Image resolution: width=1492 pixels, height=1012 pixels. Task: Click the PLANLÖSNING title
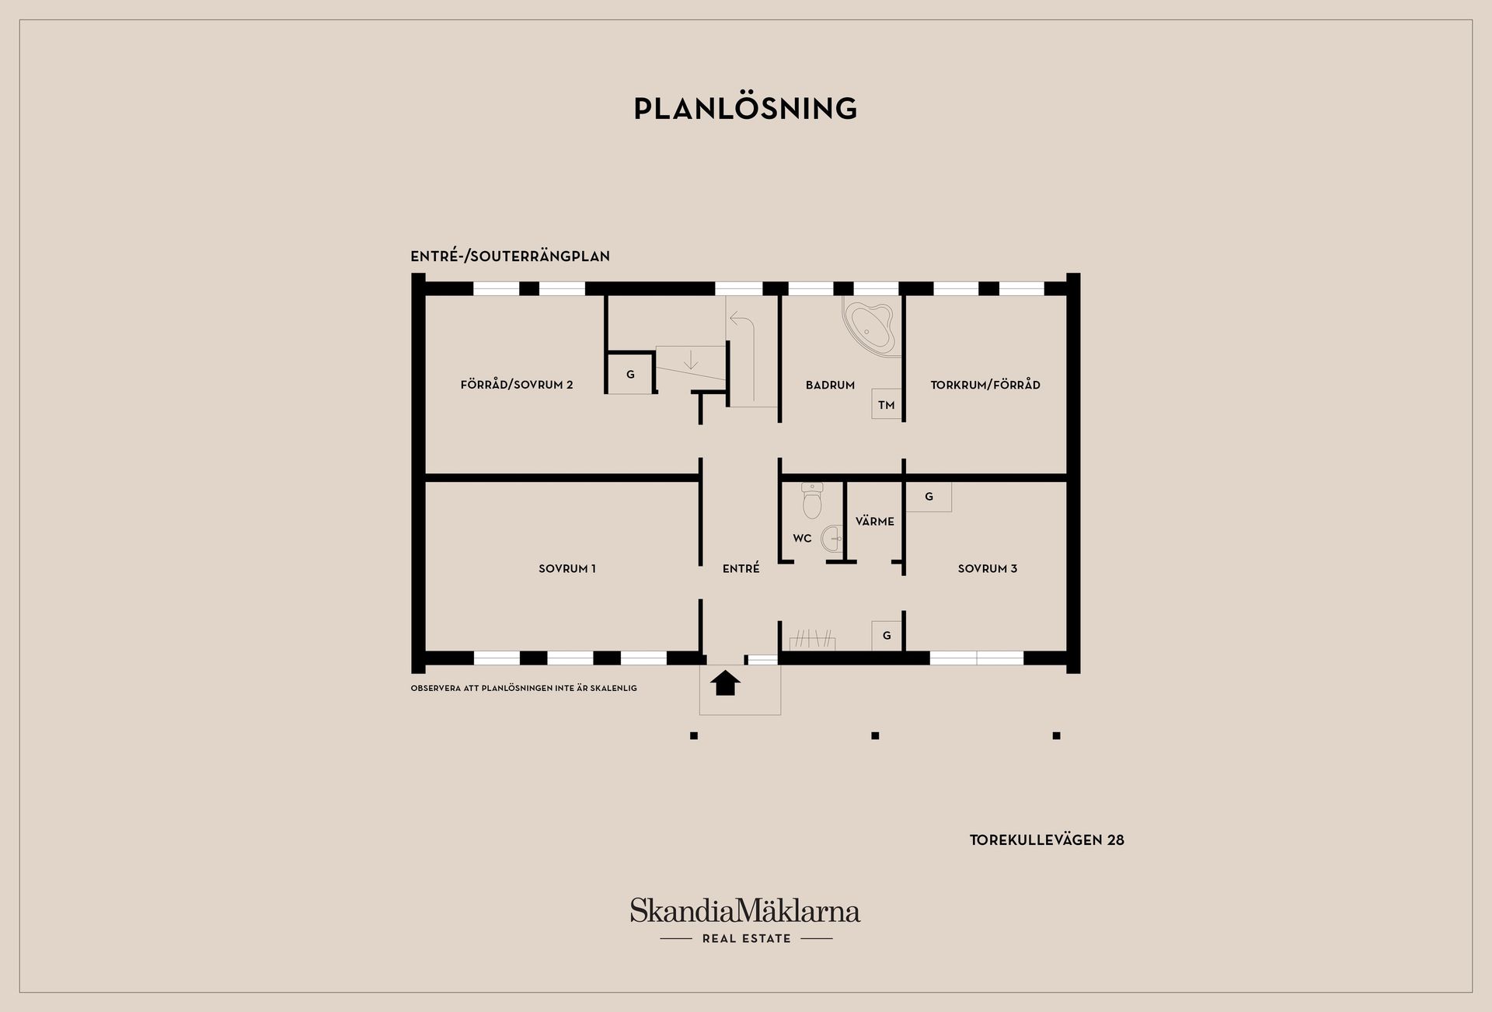(x=745, y=108)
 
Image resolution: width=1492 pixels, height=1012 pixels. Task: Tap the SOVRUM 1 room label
(x=567, y=569)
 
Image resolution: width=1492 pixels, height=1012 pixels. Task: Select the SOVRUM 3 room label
(x=988, y=569)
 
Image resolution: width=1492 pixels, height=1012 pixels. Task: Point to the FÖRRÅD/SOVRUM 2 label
(x=517, y=385)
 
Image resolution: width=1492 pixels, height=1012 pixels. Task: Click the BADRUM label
(x=830, y=385)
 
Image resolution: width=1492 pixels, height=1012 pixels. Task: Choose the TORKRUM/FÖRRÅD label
(x=985, y=385)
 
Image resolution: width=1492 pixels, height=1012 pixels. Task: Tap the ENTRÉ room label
(x=741, y=568)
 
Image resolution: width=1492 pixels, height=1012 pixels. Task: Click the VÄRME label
(x=875, y=522)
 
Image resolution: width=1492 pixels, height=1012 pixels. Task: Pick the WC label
(x=802, y=539)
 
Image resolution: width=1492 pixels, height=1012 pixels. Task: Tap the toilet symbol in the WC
(x=812, y=501)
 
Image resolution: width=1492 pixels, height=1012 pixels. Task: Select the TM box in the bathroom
(x=887, y=404)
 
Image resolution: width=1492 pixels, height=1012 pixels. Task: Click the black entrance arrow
(x=725, y=682)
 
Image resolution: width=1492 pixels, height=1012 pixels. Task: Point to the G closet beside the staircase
(x=630, y=375)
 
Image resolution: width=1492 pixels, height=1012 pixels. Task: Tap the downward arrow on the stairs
(x=690, y=360)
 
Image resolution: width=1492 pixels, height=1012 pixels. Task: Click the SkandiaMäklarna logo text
(x=745, y=910)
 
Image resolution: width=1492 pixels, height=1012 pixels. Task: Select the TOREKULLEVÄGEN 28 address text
(x=1047, y=840)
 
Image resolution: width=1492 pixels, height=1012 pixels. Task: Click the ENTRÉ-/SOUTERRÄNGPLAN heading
(x=510, y=256)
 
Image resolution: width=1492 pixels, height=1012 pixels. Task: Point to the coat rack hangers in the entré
(x=813, y=640)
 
